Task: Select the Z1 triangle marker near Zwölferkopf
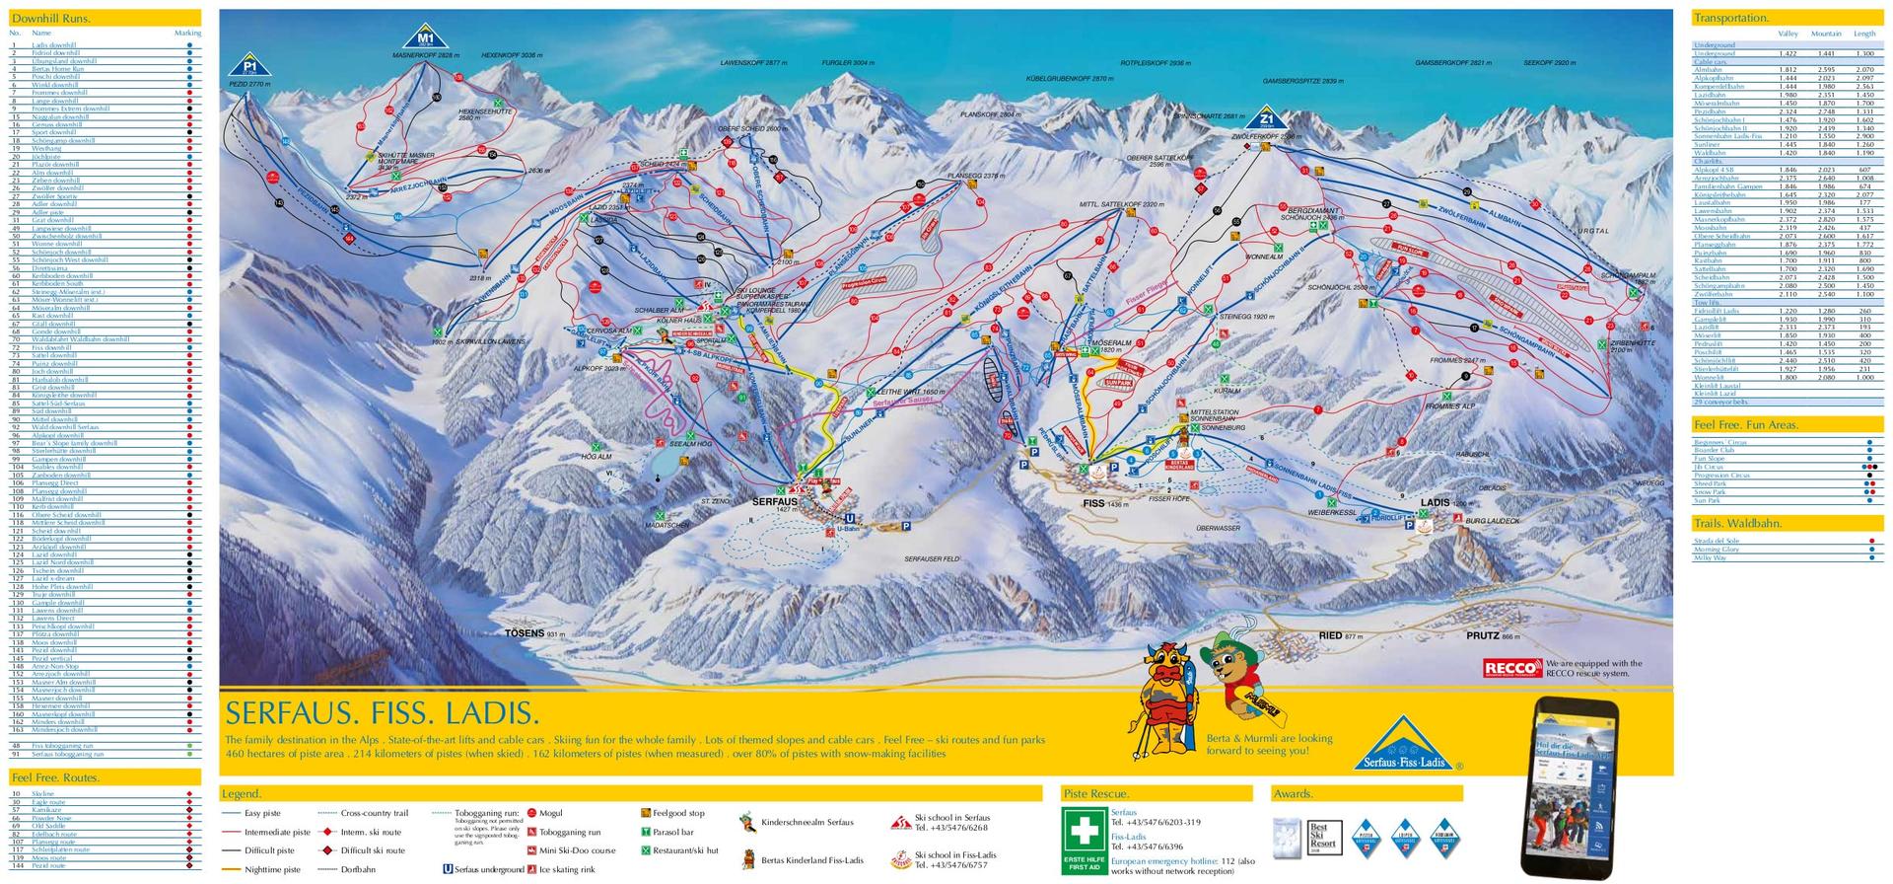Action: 1268,117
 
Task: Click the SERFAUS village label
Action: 774,501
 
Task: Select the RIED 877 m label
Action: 1339,636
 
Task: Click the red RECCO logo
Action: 1511,669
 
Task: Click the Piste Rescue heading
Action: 1097,793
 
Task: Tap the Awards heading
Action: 1293,793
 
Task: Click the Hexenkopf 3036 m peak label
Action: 513,56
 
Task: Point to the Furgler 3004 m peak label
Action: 848,62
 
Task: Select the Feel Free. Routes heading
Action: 55,777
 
